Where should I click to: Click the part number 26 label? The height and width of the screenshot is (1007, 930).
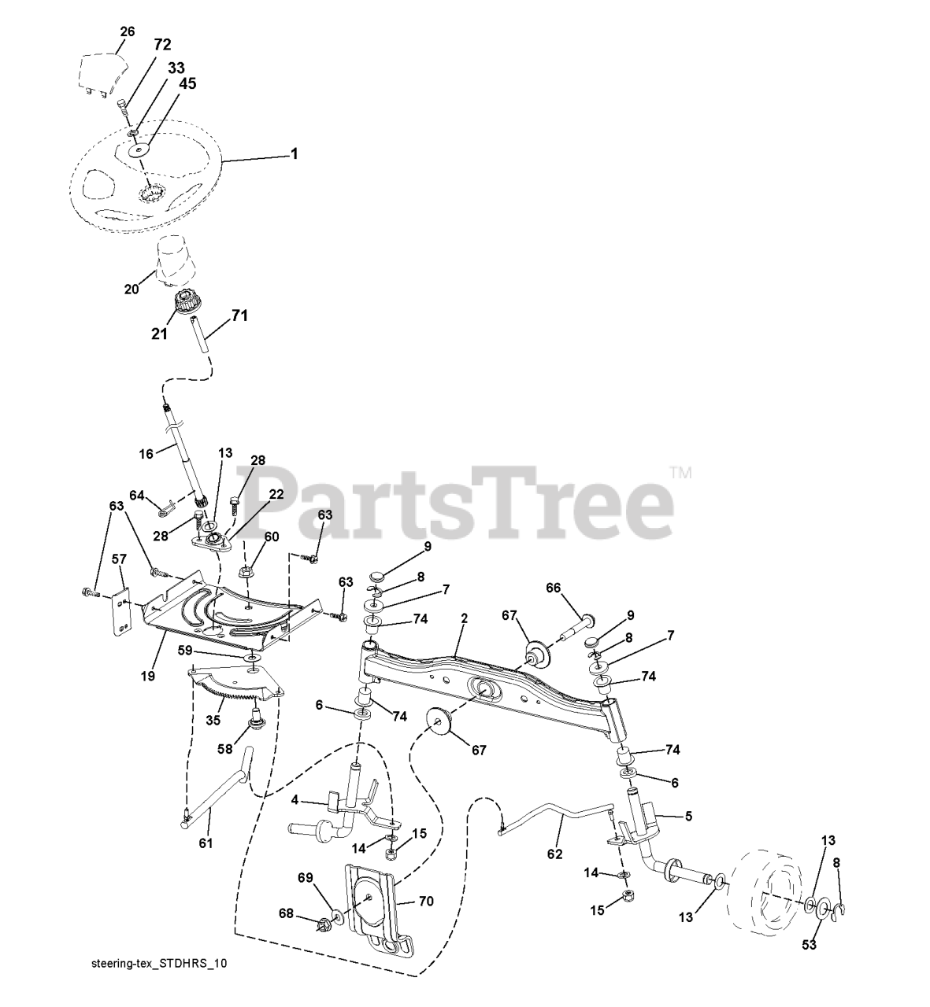(x=127, y=31)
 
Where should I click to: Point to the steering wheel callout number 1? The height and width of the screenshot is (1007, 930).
(x=294, y=153)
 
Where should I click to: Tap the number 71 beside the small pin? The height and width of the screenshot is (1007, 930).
(x=239, y=315)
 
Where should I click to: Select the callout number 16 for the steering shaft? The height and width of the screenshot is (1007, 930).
(x=146, y=454)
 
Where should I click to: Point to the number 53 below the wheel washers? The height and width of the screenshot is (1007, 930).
(x=809, y=944)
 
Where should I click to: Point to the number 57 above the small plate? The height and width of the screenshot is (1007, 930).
(x=119, y=559)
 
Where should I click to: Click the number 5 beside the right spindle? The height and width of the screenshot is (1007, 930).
(x=688, y=817)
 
